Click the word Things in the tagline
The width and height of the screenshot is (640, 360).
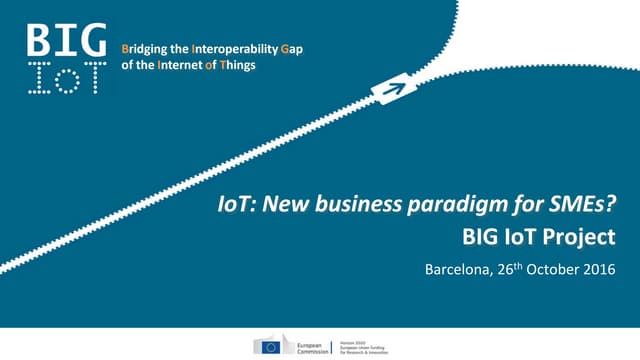coord(236,65)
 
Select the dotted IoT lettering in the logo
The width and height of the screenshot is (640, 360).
coord(64,76)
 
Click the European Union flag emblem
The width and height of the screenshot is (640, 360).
coord(269,345)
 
